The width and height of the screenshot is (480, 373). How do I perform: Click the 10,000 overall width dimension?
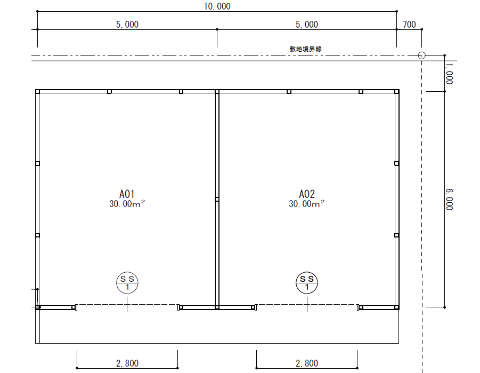tap(217, 6)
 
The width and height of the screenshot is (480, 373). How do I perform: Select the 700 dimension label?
tap(409, 25)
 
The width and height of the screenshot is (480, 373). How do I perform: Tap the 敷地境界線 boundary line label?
tap(305, 49)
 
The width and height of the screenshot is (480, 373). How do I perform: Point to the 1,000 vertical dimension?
tap(449, 74)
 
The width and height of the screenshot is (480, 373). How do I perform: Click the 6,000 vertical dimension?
tap(449, 200)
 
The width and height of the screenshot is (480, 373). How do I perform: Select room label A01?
tap(127, 194)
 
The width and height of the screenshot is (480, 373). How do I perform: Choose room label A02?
tap(307, 194)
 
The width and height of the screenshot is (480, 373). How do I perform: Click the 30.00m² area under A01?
tap(127, 204)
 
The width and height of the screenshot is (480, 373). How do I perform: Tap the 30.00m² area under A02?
tap(307, 204)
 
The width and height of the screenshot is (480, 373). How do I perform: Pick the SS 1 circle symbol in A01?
tap(127, 283)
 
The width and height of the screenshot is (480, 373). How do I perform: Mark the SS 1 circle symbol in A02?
tap(307, 283)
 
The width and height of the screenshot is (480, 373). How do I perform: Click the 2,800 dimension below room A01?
tap(127, 363)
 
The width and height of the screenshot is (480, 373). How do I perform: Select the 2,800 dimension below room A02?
tap(307, 363)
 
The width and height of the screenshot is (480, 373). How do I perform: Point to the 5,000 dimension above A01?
tap(127, 25)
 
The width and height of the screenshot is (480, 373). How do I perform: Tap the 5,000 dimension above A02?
tap(307, 25)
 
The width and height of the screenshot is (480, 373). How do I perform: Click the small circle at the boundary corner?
tap(421, 55)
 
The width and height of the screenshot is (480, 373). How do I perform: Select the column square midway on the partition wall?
tap(217, 200)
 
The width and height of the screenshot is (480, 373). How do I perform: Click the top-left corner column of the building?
tap(38, 91)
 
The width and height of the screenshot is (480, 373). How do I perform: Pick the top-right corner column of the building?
tap(397, 91)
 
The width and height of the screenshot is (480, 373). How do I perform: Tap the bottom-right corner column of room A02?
tap(397, 307)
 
